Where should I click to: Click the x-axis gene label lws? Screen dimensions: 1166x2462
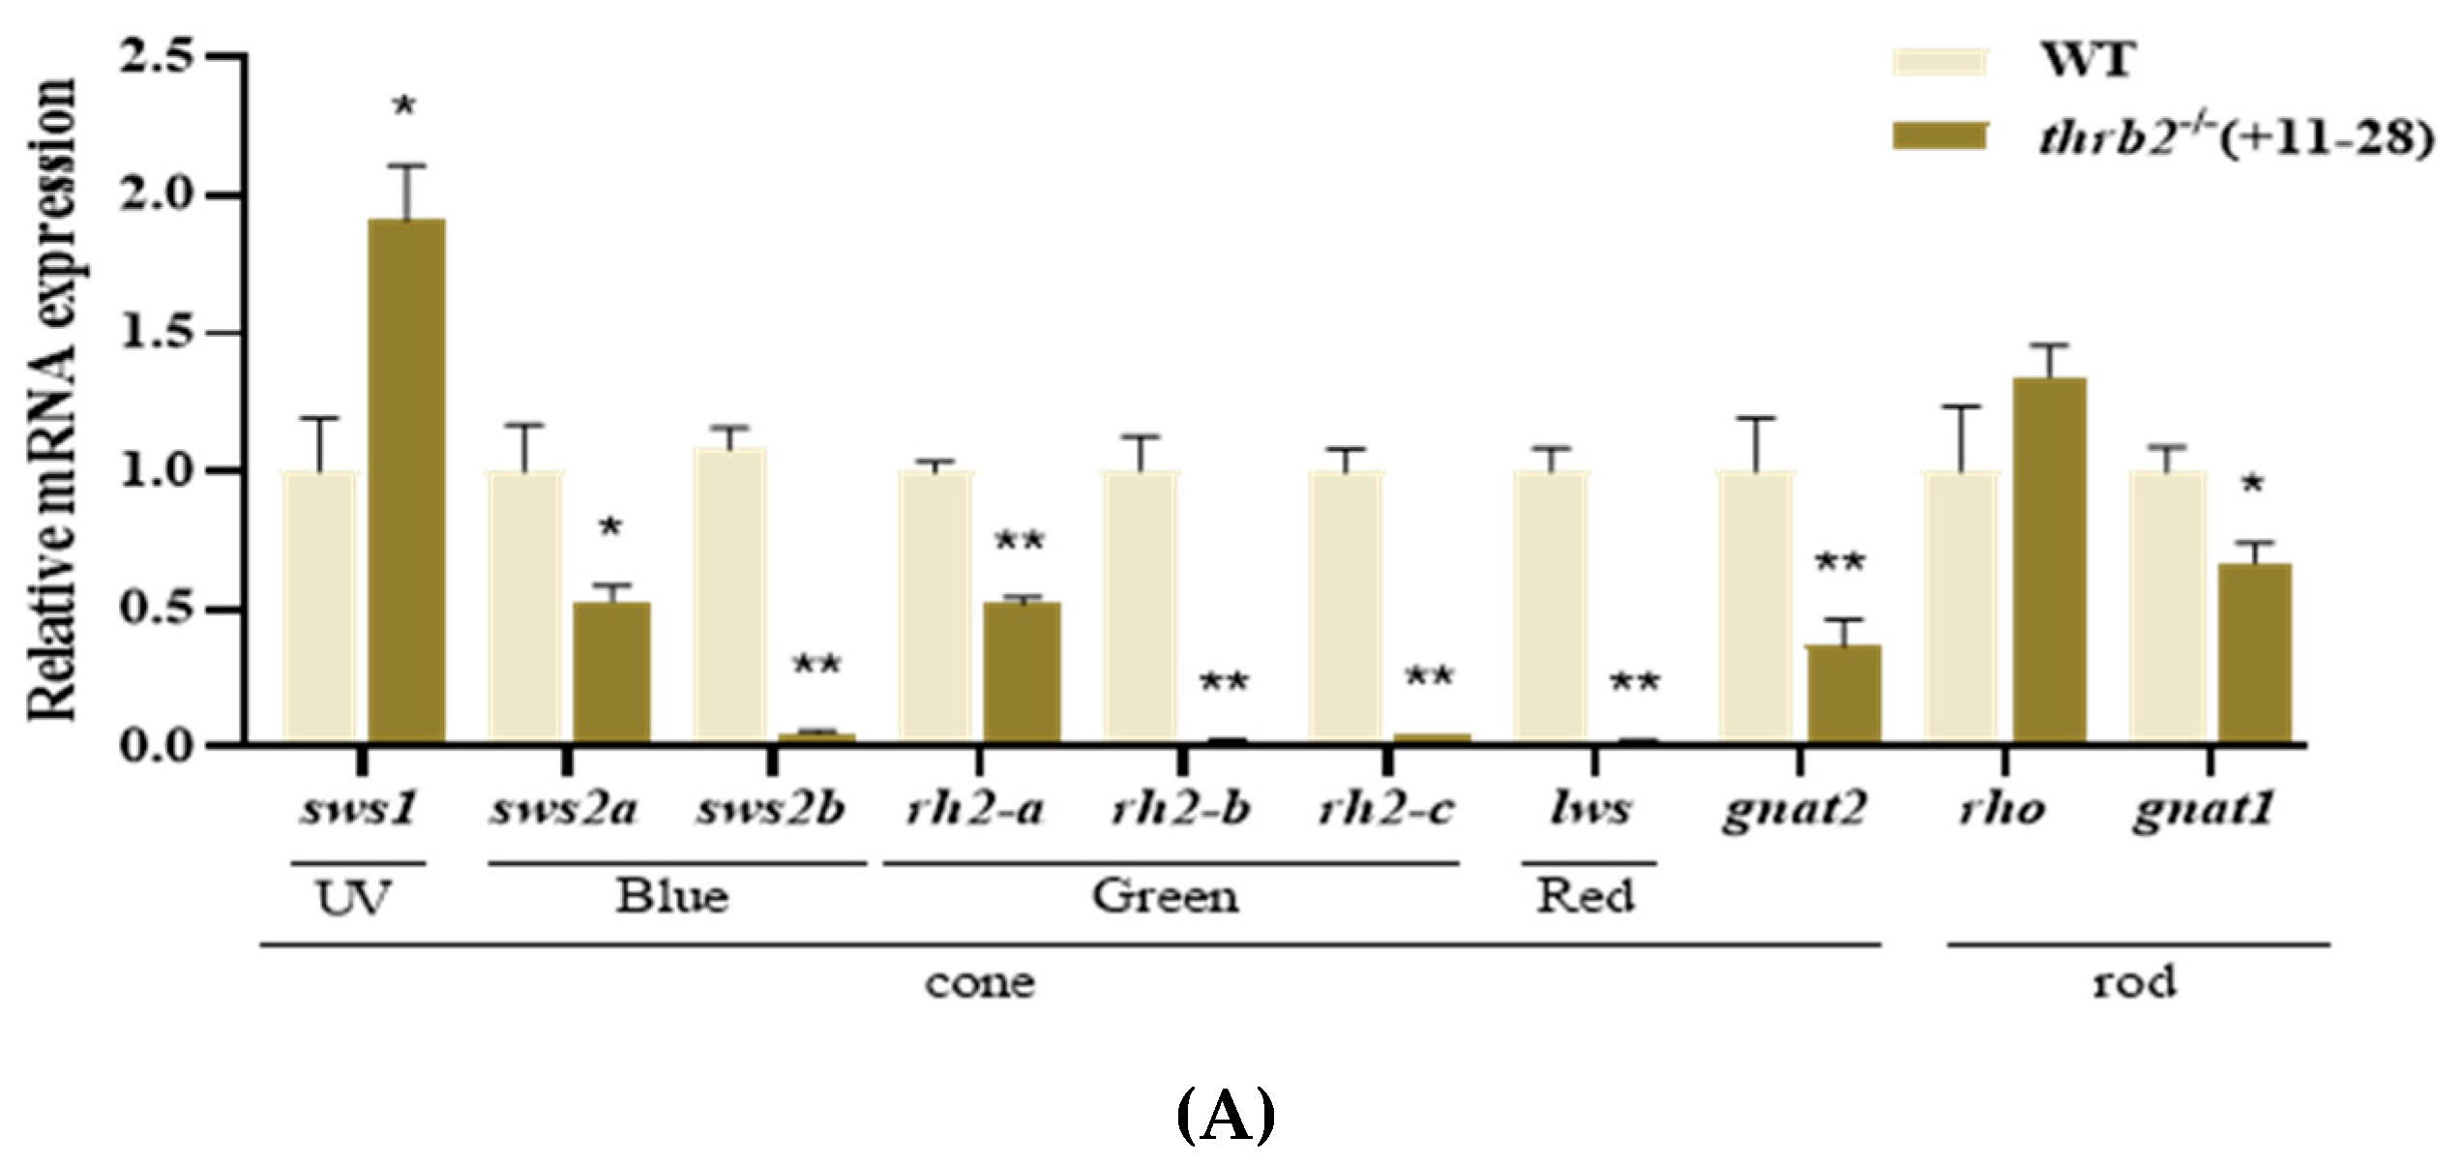(x=1589, y=808)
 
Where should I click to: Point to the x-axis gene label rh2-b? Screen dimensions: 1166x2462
(x=1181, y=808)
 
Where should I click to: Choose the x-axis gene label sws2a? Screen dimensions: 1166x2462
(x=565, y=808)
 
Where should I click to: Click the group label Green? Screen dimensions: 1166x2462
(x=1165, y=895)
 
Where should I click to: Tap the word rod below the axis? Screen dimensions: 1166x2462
(x=2135, y=982)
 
